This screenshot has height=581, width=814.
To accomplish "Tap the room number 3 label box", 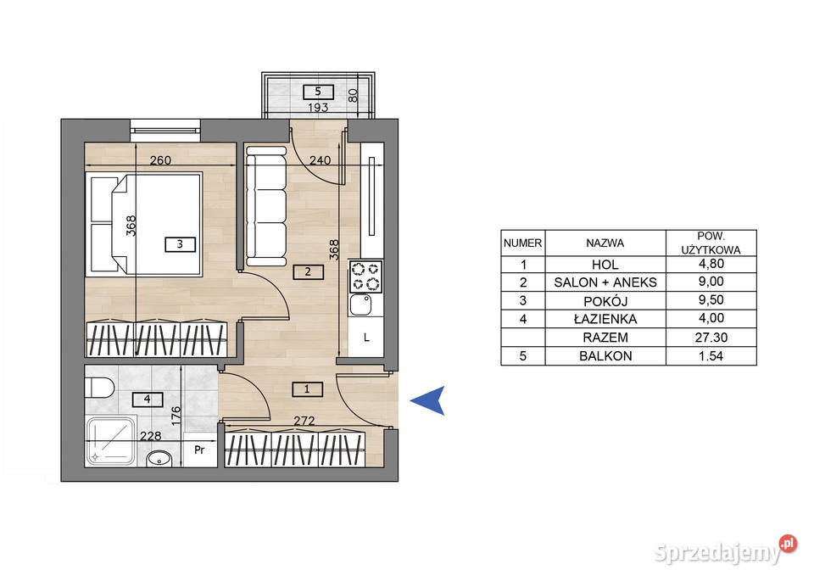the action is click(180, 244).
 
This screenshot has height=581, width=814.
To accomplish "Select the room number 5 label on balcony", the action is click(318, 92).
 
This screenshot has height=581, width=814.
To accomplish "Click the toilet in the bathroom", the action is click(100, 388).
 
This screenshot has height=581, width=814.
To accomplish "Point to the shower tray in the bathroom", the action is click(111, 441).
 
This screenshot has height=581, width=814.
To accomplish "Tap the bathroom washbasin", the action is click(159, 459).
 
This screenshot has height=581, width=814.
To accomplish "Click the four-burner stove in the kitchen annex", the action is click(366, 277).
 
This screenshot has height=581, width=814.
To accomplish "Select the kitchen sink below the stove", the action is click(361, 304).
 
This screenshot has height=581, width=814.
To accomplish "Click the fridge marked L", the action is click(366, 338).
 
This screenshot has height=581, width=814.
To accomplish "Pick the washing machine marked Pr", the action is click(200, 450).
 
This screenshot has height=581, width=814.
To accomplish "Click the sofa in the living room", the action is click(266, 206).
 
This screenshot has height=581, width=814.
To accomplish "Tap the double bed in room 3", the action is click(144, 224).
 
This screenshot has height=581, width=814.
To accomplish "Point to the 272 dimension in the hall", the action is click(304, 421).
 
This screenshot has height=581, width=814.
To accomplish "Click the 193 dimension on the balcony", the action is click(318, 108).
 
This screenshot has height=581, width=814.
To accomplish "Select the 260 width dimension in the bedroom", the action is click(160, 160).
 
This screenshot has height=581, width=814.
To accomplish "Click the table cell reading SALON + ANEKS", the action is click(605, 282).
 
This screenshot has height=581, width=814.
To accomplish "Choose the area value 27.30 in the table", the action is click(711, 338).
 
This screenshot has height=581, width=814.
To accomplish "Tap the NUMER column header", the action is click(523, 243).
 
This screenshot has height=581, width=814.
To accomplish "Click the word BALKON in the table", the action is click(605, 356).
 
